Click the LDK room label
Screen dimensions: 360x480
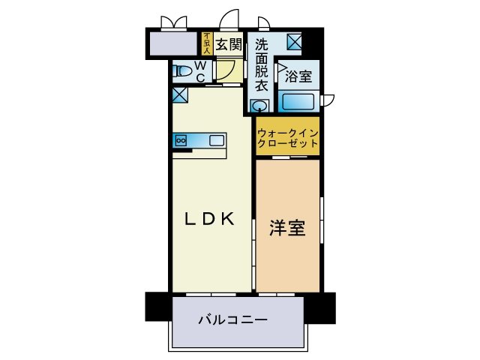pos(211,219)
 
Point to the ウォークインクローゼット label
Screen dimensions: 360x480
pos(288,137)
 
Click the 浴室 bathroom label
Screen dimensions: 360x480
pos(298,76)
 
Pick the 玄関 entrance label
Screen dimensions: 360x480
pos(229,45)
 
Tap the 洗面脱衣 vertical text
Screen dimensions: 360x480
pos(261,64)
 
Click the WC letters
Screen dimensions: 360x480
pos(200,71)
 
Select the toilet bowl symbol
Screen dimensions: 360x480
pos(181,71)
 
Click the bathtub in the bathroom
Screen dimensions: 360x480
pos(297,100)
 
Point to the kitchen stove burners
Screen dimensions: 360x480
pos(180,139)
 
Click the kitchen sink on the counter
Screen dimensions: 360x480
pos(216,139)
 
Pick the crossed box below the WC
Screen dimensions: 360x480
pos(179,95)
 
